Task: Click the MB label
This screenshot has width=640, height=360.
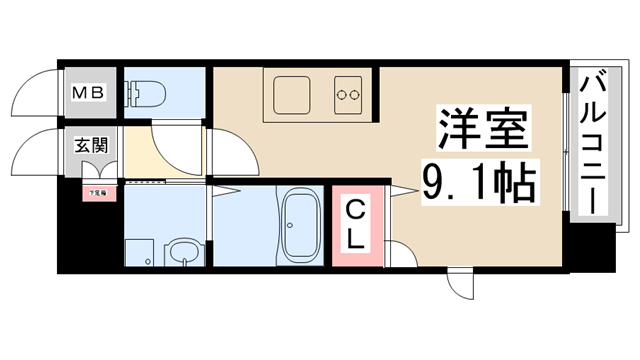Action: tap(86, 93)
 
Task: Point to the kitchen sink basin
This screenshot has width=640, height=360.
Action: tap(291, 95)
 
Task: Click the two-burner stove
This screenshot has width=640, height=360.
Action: tap(348, 95)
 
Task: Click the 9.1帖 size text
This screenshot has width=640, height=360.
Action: tap(478, 182)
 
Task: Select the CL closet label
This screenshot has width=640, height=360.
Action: tap(358, 226)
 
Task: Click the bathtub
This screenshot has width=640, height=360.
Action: tap(299, 227)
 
